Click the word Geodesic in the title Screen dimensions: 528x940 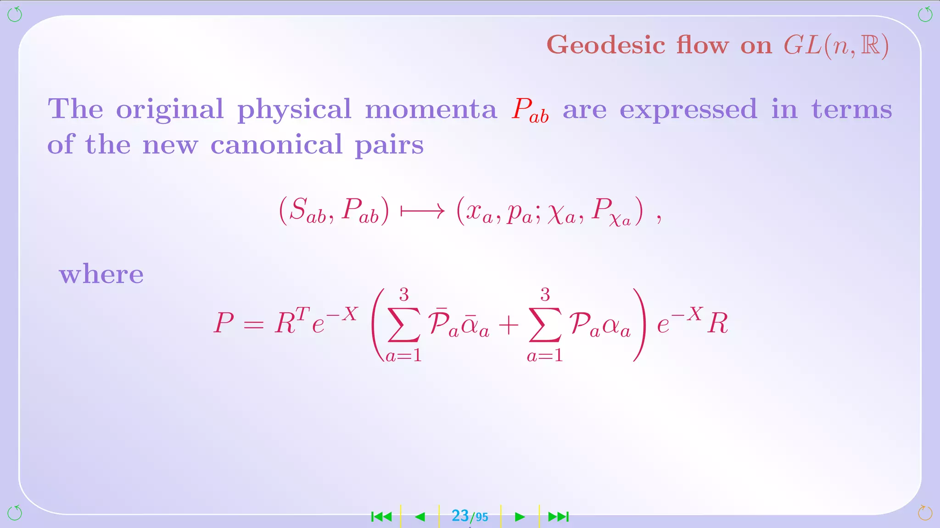606,46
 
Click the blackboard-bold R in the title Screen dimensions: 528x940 870,46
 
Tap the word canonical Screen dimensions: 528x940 276,145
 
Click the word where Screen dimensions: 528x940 101,275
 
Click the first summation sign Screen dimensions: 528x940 404,324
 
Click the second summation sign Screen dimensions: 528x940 545,324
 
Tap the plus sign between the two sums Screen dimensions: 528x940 509,325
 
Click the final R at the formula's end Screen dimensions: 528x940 717,324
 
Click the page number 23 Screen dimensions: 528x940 460,516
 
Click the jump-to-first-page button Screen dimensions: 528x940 381,517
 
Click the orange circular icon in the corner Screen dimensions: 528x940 925,513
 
